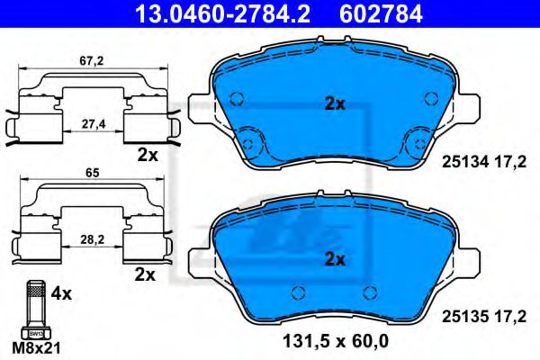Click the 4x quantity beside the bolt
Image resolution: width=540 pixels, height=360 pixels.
click(x=61, y=292)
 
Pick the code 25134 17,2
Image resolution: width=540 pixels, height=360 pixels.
click(x=490, y=161)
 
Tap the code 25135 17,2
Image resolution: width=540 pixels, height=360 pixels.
click(x=490, y=315)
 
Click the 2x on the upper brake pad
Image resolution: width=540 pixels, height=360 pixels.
click(x=335, y=103)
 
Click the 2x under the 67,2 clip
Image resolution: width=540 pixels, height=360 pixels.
click(x=148, y=155)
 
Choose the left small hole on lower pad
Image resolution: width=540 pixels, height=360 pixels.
click(x=293, y=291)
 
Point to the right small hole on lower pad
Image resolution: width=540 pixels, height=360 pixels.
click(x=368, y=291)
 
